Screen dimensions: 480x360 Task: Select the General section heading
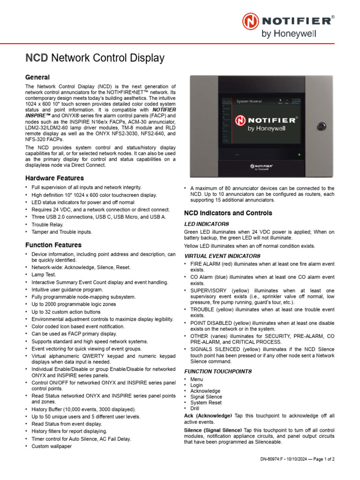pos(37,77)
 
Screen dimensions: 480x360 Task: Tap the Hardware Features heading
pos(54,178)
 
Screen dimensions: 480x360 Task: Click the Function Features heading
pos(53,245)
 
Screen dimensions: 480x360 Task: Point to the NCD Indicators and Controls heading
pos(228,213)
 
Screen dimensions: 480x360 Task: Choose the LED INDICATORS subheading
pos(206,224)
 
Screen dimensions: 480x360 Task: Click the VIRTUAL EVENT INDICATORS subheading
pos(222,256)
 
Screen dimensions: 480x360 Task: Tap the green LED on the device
pos(299,154)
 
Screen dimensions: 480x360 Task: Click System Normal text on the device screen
pos(249,101)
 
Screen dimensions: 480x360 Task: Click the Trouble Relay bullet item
pos(47,225)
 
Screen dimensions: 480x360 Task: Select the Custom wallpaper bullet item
pos(52,446)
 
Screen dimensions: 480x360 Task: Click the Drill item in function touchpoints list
pos(195,408)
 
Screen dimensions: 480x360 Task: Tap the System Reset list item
pos(206,403)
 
